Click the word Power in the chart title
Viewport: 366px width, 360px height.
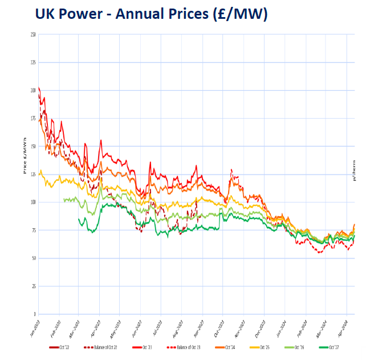[x=87, y=14]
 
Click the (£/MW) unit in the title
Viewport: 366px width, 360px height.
[x=235, y=14]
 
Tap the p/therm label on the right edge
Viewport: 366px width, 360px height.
[x=354, y=171]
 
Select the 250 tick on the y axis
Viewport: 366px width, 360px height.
[x=33, y=34]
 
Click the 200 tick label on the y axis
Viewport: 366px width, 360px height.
[x=33, y=90]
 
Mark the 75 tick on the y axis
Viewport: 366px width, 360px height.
[x=34, y=230]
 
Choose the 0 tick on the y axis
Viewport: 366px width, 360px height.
[x=35, y=314]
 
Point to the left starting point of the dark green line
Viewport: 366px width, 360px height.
[x=79, y=219]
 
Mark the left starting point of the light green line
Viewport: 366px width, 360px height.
[x=63, y=200]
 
